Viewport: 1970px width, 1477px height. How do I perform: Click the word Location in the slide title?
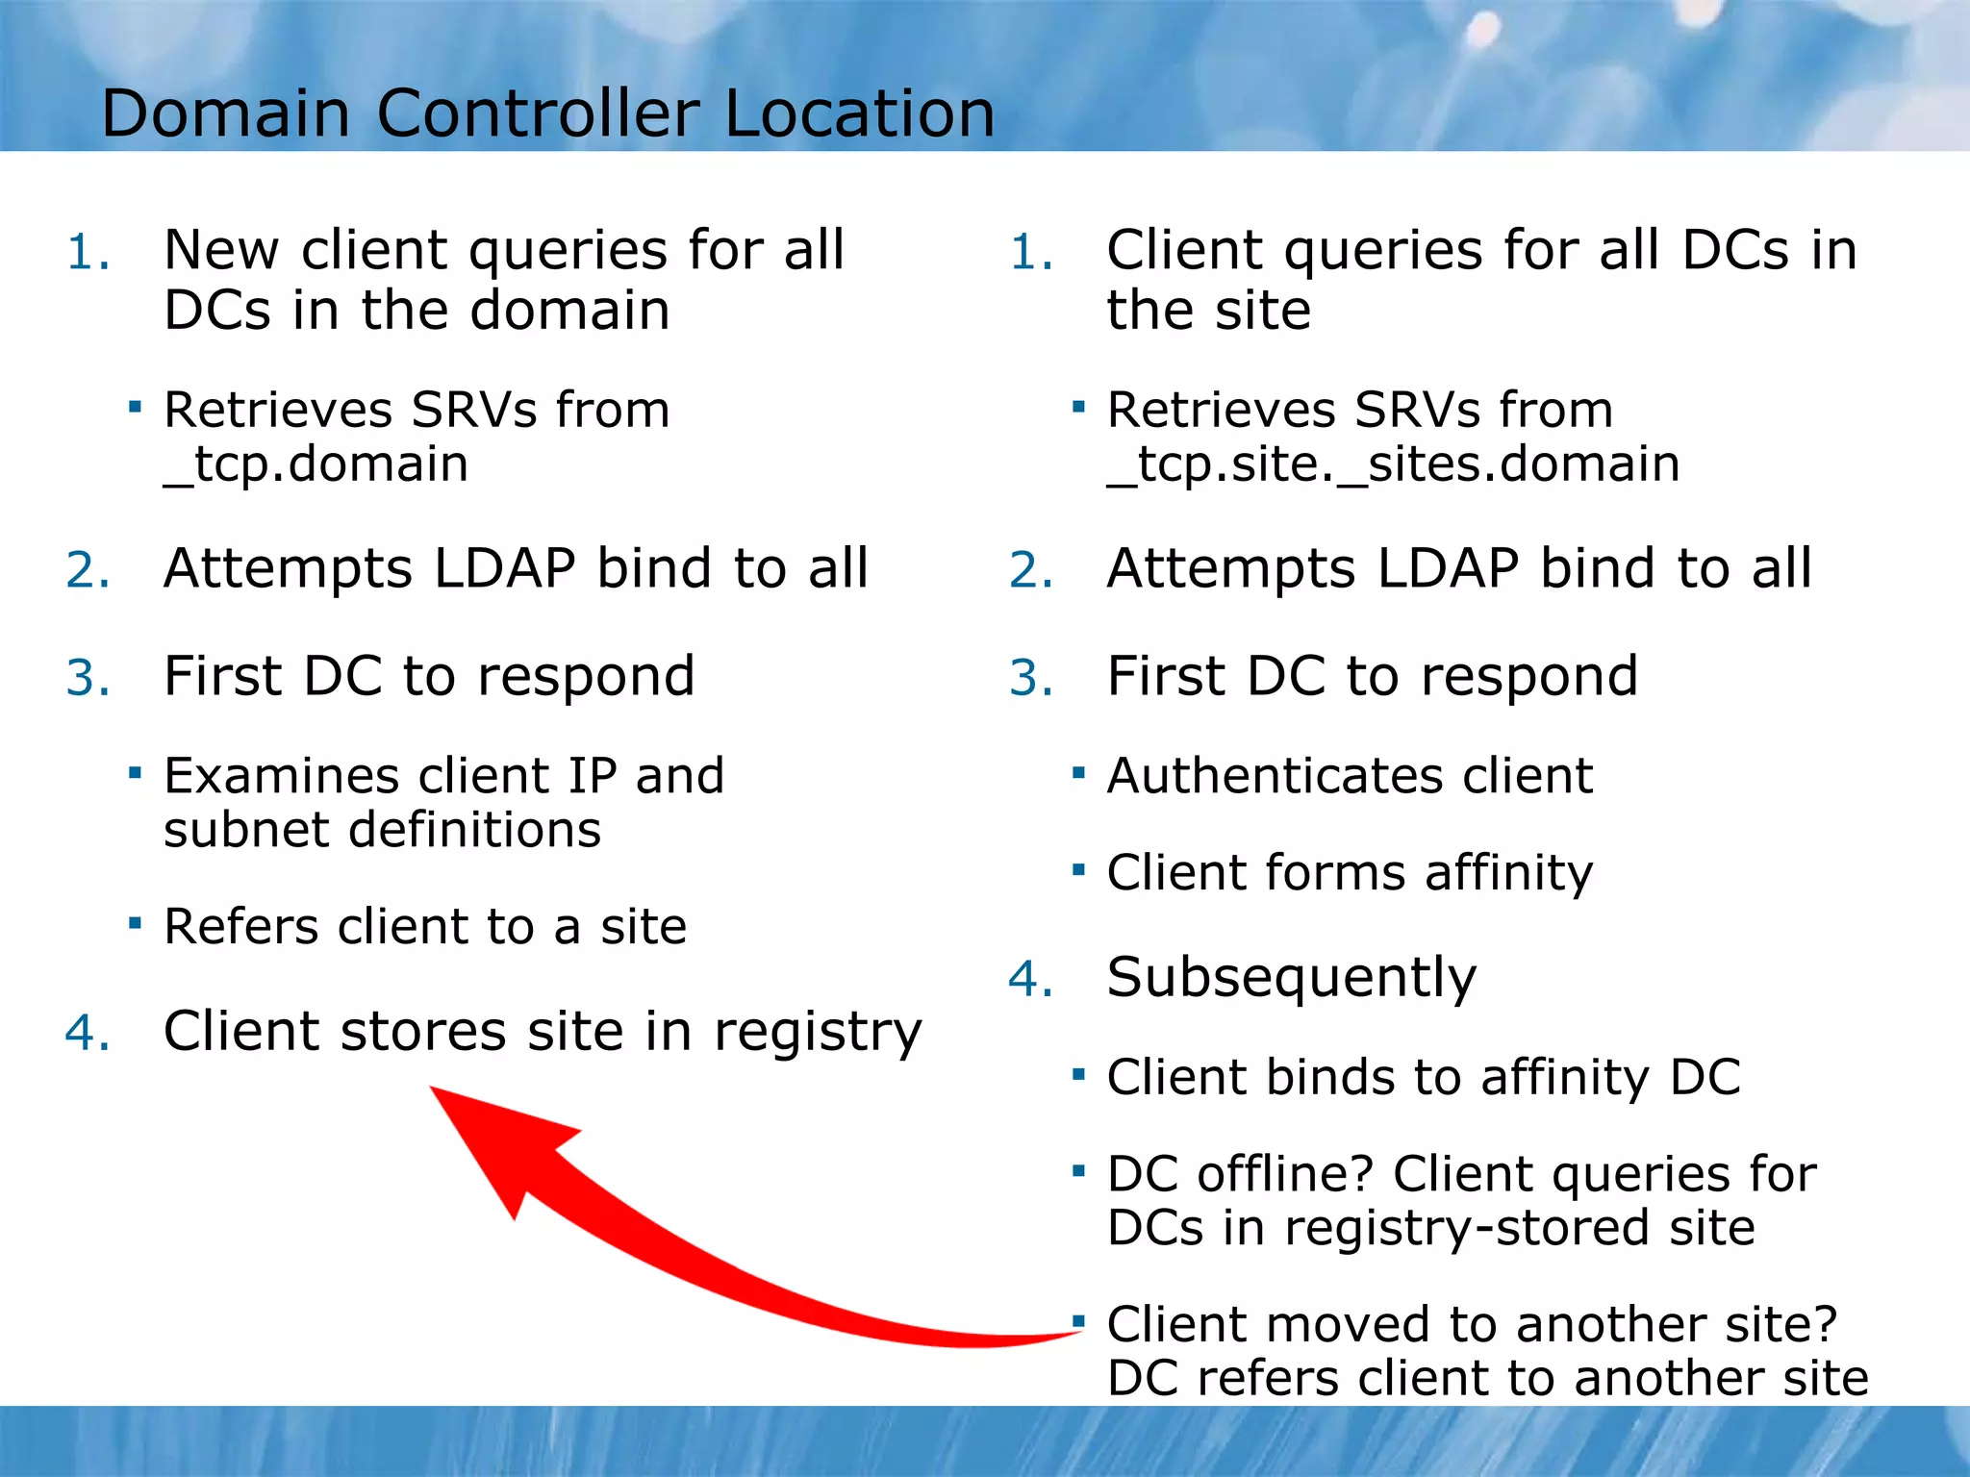point(859,113)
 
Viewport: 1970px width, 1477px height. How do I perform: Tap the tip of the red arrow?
point(433,1089)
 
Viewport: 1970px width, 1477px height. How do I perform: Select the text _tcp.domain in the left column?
point(316,464)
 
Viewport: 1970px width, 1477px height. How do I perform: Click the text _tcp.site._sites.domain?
point(1393,464)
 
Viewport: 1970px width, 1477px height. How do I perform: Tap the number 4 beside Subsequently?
point(1023,980)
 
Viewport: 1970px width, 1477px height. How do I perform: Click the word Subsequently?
point(1291,979)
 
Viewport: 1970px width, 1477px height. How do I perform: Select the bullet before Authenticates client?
point(1078,772)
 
